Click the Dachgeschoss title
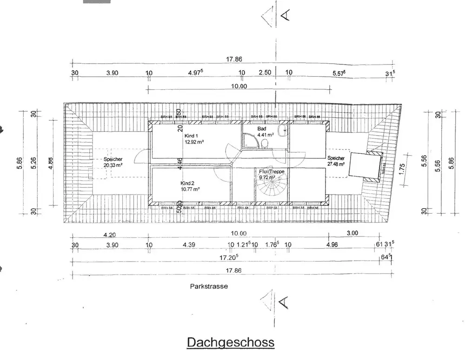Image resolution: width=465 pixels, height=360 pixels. [231, 342]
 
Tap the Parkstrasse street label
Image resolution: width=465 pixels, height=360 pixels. [209, 287]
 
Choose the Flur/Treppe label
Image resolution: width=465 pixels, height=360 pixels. [272, 171]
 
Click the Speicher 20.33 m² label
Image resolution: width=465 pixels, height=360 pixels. [113, 159]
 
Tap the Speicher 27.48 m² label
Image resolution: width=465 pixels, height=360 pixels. [335, 158]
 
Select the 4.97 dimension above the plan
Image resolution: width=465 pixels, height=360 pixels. [196, 73]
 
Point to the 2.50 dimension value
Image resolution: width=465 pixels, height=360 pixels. [265, 73]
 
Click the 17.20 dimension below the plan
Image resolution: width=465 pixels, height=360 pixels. [229, 256]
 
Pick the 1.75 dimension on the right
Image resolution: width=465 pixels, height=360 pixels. [403, 167]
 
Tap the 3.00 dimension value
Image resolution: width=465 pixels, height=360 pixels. [352, 233]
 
